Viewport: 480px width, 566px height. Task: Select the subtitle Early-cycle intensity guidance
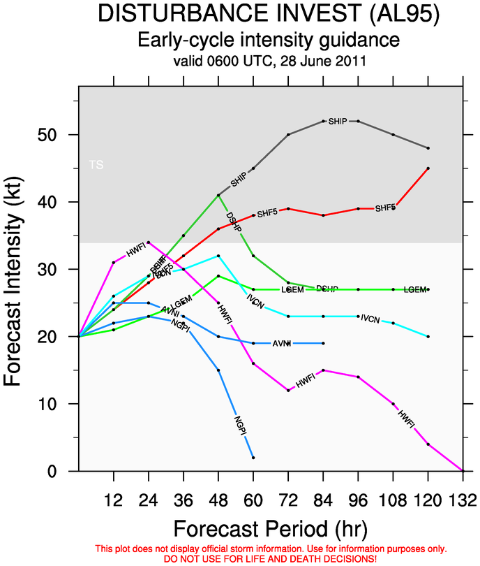tap(269, 39)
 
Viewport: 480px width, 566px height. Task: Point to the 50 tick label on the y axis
tap(55, 134)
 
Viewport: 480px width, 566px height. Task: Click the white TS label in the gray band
tap(96, 165)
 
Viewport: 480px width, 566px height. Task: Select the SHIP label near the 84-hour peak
tap(338, 122)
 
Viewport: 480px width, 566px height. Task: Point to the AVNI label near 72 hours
tap(280, 343)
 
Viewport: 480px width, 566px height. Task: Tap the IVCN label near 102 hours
tap(370, 319)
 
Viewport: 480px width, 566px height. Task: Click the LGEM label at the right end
tap(414, 289)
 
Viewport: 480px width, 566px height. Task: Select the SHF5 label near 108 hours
tap(385, 208)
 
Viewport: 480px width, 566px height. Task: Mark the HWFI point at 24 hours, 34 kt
tap(149, 242)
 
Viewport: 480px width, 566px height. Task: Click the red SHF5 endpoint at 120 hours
tap(428, 168)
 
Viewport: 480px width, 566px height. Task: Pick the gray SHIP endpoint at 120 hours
tap(428, 148)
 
